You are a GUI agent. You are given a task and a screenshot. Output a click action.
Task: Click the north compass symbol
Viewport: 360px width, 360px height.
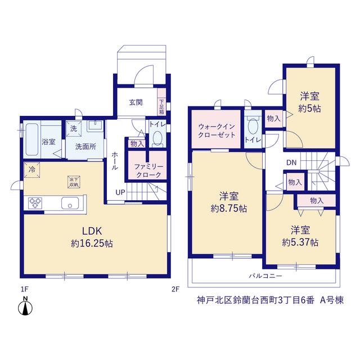25,306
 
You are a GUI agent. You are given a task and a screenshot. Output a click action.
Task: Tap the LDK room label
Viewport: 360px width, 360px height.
92,231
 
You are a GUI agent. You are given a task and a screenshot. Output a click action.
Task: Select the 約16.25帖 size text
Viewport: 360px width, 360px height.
92,244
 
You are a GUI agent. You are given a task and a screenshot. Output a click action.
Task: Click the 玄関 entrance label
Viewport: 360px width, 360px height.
136,102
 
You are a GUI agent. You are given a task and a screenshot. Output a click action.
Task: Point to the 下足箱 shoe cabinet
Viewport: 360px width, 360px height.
161,102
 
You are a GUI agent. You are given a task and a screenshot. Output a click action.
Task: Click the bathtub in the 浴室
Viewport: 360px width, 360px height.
32,139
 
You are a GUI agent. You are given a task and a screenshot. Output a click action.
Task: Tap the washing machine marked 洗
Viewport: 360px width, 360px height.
74,129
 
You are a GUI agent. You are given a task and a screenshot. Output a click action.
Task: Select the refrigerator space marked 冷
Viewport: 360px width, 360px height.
32,170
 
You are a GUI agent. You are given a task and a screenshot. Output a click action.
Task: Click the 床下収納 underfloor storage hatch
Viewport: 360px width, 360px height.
74,182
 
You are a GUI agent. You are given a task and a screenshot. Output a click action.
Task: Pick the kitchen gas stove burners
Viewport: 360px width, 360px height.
35,203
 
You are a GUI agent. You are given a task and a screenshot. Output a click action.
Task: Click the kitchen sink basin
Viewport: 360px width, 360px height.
70,203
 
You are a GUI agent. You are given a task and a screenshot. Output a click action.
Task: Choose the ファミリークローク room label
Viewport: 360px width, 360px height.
148,171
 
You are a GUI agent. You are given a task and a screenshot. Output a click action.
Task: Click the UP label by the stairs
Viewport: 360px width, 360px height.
120,192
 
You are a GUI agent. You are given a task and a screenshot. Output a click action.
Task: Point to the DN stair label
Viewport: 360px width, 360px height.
291,163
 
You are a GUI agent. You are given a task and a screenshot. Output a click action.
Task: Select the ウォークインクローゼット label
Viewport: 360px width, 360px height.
217,130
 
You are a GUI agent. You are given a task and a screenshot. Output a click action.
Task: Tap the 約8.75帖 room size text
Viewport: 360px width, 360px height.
229,209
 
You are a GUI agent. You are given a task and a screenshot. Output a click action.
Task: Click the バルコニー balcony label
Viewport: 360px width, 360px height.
265,276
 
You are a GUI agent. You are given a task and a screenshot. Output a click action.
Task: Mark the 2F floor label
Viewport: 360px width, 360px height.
175,289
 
